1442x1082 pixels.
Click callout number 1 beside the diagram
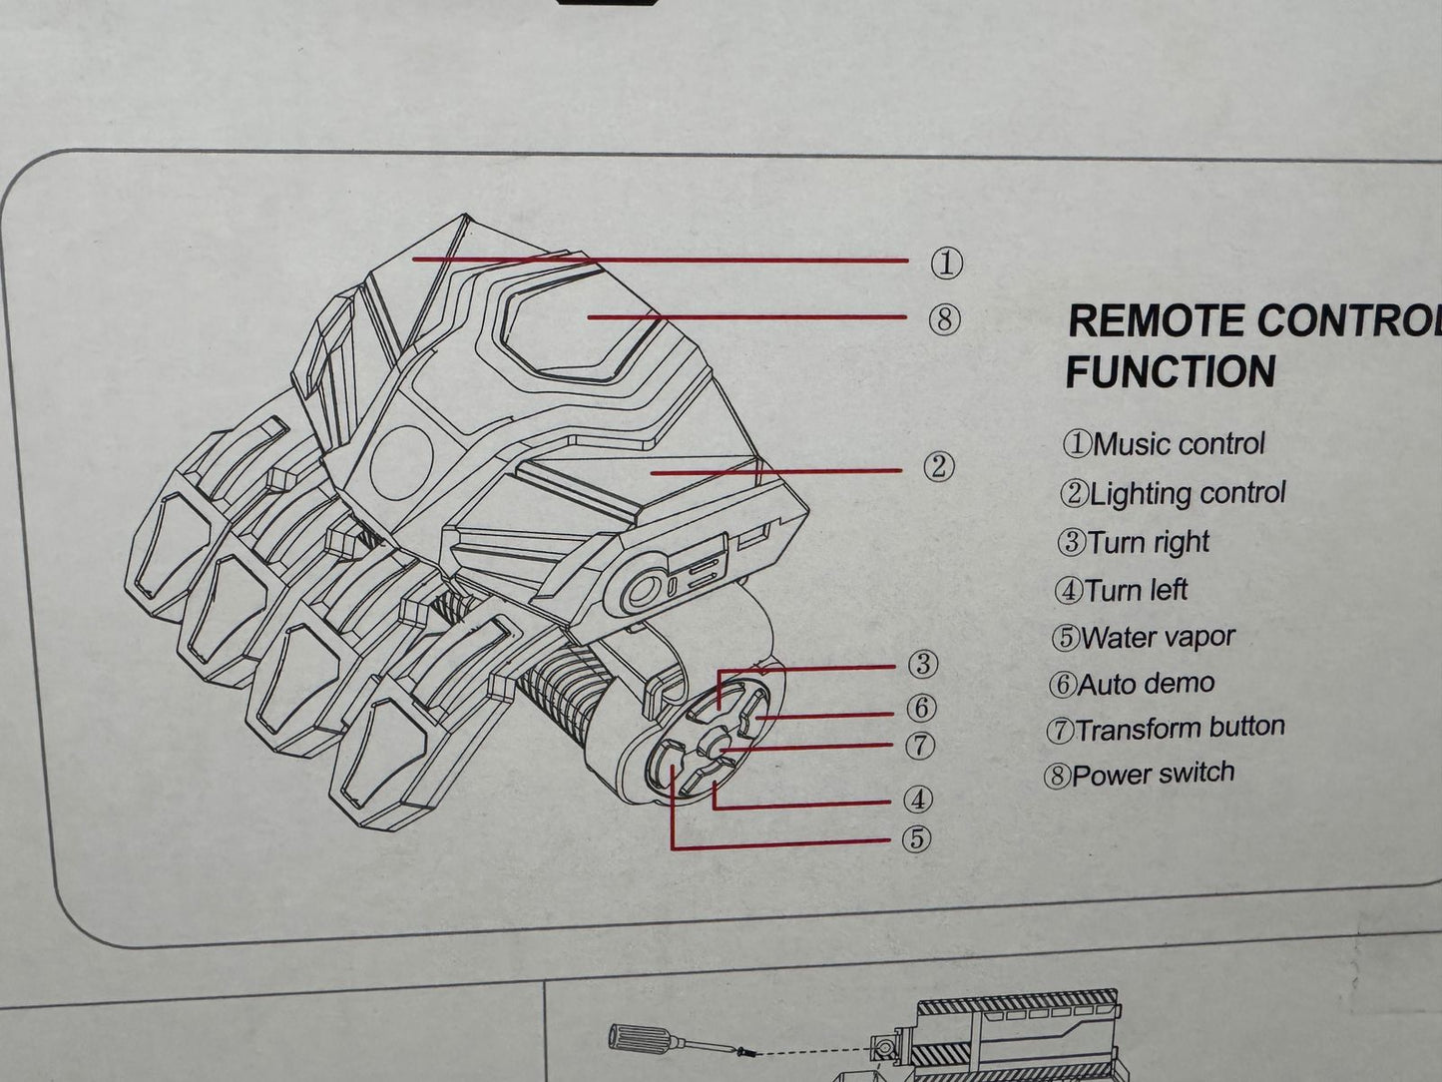tap(946, 264)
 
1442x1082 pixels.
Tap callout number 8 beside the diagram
tap(944, 320)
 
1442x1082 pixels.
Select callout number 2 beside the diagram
tap(938, 467)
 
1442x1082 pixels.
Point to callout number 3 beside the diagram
tap(923, 664)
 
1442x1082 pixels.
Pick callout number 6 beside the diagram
tap(922, 708)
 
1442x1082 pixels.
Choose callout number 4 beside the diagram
tap(918, 800)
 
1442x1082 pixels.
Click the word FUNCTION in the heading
tap(1171, 371)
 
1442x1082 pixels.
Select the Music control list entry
tap(1165, 443)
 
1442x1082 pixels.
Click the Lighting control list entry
tap(1174, 493)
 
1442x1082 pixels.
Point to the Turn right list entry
tap(1134, 542)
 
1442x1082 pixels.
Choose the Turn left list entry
tap(1122, 590)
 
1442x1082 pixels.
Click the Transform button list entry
tap(1166, 729)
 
